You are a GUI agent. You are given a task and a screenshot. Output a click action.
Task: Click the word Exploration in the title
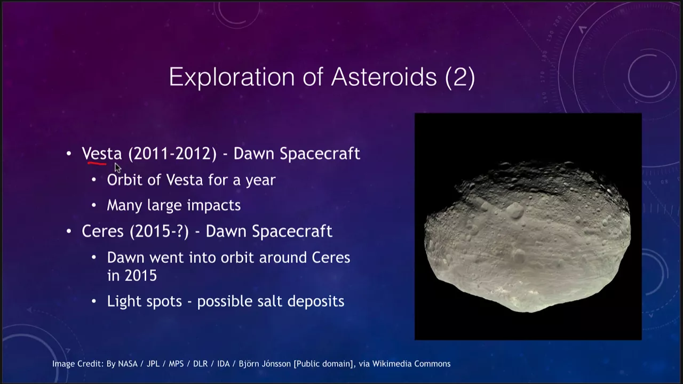232,77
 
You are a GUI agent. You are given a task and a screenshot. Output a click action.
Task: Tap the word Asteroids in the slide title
384,76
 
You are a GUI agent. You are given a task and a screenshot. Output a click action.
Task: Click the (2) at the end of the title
460,77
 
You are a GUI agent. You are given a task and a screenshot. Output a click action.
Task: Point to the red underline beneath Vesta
97,164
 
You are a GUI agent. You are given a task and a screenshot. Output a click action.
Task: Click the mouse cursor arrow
118,168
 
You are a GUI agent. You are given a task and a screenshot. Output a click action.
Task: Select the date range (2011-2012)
172,154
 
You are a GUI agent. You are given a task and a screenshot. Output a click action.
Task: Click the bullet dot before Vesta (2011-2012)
69,153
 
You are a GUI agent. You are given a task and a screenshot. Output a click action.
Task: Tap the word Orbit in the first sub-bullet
125,180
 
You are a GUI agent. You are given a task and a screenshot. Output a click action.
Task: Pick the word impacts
214,205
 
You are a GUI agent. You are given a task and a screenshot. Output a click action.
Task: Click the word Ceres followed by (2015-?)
103,231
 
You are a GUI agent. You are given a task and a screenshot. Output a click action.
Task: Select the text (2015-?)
159,231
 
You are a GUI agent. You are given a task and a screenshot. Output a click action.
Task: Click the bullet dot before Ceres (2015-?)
69,231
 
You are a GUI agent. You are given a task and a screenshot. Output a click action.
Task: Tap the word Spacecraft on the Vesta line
320,154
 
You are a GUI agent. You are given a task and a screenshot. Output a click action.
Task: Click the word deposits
316,302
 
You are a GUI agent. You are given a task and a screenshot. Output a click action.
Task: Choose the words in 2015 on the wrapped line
132,276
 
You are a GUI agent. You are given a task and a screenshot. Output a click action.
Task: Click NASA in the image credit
128,364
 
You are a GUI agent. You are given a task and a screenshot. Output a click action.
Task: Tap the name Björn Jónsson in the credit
265,364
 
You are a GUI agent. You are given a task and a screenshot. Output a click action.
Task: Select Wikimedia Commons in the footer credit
411,364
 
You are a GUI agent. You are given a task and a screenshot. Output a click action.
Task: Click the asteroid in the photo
528,238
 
